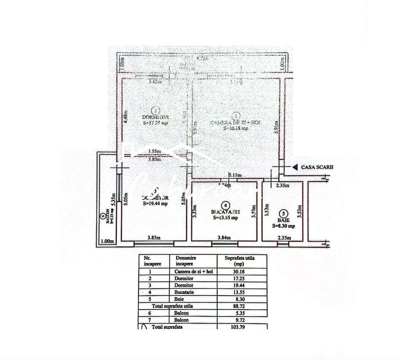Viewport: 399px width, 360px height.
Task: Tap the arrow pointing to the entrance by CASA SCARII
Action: (x=294, y=167)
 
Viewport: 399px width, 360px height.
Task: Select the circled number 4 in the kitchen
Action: (x=225, y=204)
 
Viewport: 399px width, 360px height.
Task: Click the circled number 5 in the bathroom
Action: (x=283, y=213)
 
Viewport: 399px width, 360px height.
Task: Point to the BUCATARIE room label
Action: (x=225, y=212)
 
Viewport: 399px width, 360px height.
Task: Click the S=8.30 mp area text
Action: (x=283, y=226)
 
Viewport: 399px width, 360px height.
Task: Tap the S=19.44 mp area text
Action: (x=155, y=204)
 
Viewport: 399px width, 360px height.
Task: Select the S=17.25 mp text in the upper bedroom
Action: (x=155, y=123)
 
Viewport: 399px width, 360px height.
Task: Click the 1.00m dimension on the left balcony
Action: (x=107, y=241)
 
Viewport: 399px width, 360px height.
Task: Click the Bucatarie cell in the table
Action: (x=184, y=292)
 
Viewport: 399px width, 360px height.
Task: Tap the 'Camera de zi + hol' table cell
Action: (x=191, y=272)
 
